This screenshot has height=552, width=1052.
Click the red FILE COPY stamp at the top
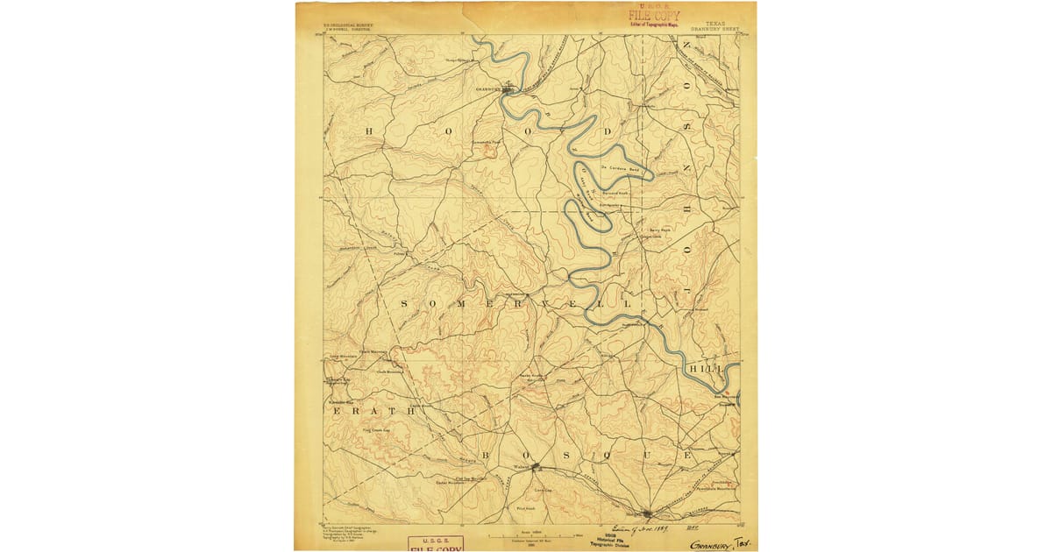(x=653, y=15)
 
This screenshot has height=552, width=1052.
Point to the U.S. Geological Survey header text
(x=348, y=25)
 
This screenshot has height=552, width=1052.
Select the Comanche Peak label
(x=487, y=141)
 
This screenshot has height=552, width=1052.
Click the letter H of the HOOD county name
(x=369, y=131)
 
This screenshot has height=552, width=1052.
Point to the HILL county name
(x=707, y=371)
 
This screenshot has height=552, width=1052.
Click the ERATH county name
(x=359, y=409)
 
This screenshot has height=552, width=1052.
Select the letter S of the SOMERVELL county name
(x=405, y=303)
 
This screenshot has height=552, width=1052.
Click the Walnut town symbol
(x=535, y=467)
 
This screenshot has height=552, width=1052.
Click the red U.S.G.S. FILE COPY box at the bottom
(x=437, y=543)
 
